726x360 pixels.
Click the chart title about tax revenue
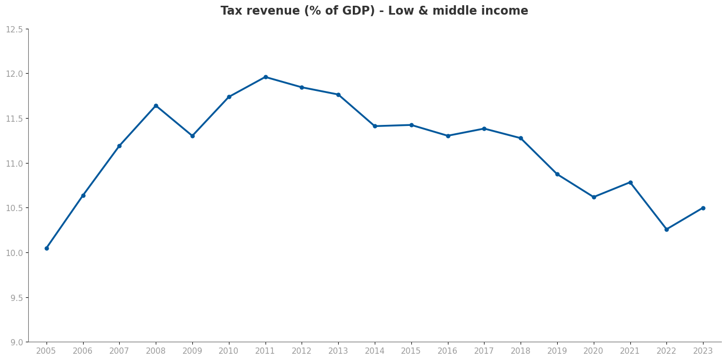pos(374,11)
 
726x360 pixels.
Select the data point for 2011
pos(266,77)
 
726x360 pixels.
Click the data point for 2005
pos(47,248)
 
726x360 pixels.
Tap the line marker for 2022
pos(666,229)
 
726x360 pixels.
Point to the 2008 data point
pos(156,106)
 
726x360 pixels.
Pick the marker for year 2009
pos(192,136)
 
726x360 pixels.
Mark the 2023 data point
pos(703,208)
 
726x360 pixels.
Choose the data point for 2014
pos(375,126)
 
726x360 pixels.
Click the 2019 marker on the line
pos(557,174)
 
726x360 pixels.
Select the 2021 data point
pos(630,182)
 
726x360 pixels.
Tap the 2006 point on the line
pos(83,195)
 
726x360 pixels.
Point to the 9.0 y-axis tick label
pos(16,342)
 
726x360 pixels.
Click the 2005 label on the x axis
pos(47,351)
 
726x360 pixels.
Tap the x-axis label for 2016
pos(448,351)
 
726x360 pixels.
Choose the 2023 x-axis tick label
pos(703,351)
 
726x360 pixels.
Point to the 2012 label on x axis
pos(302,351)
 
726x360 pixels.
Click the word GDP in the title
pos(352,11)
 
